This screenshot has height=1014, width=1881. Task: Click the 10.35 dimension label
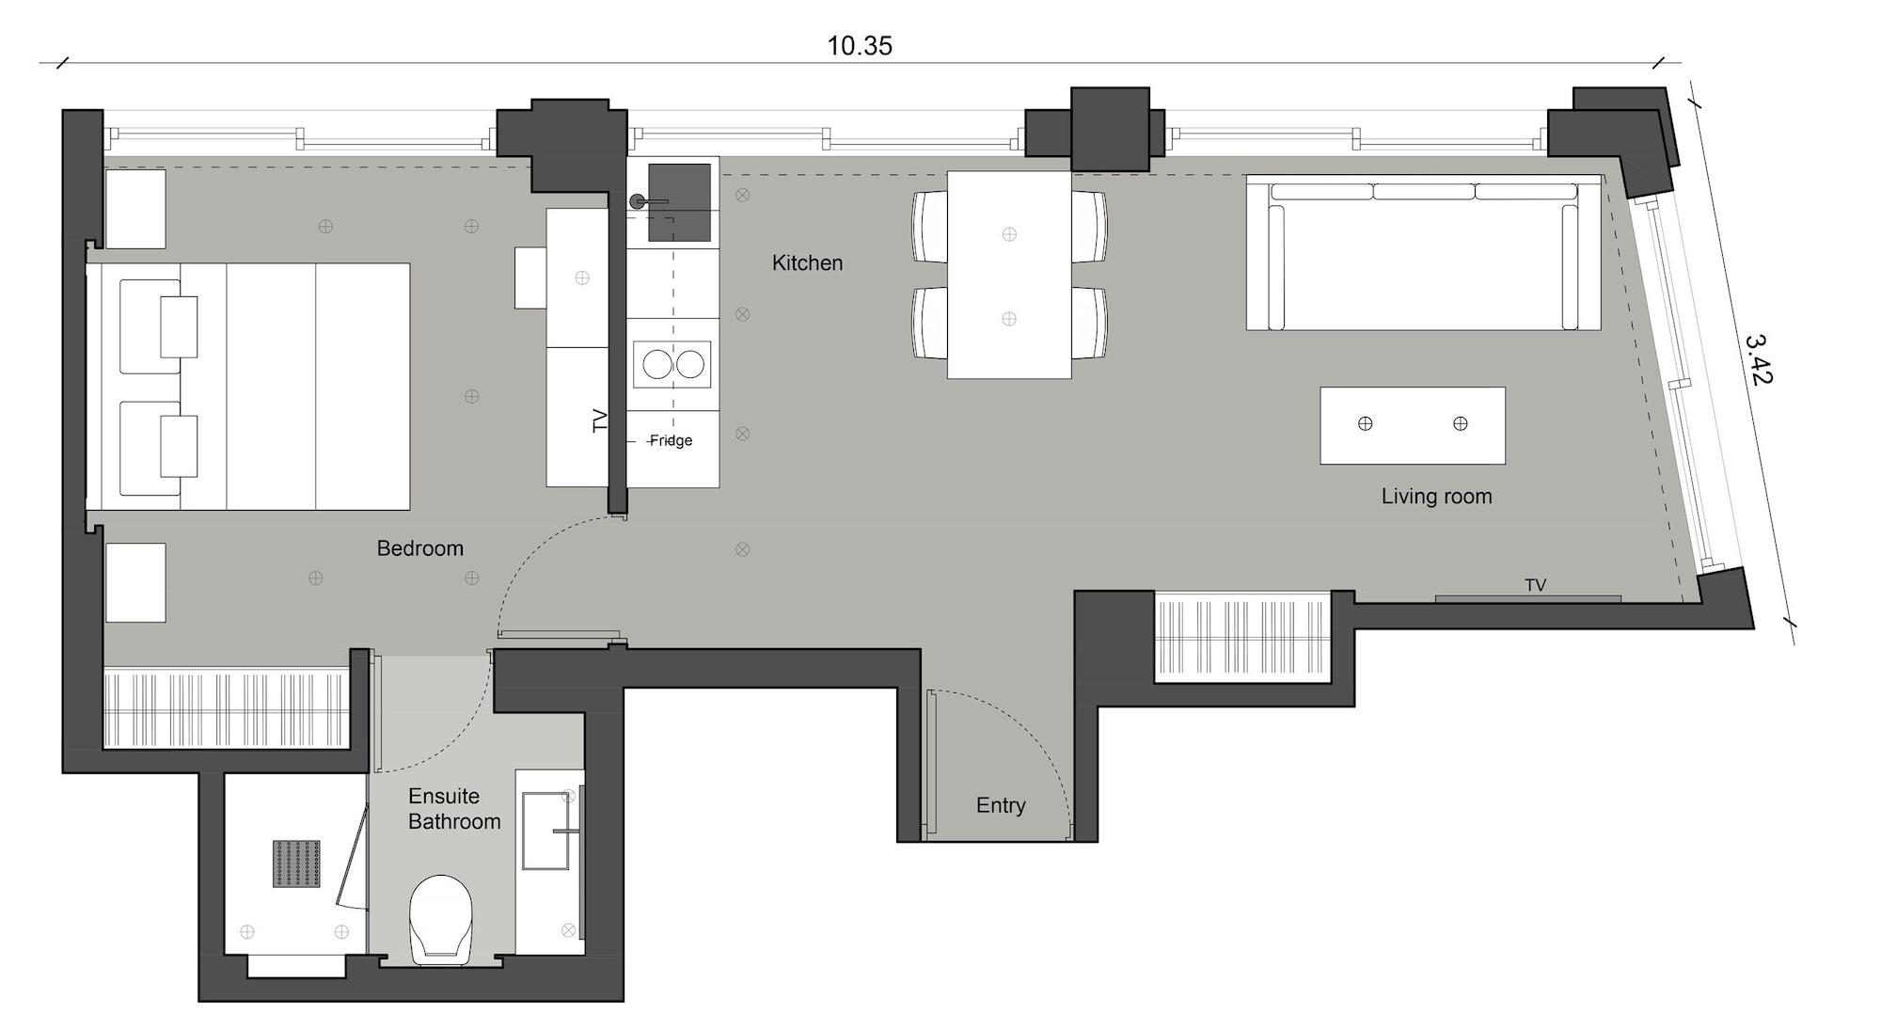coord(859,45)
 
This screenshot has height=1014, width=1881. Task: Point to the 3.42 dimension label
coord(1758,359)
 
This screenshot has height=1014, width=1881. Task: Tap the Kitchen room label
coord(807,263)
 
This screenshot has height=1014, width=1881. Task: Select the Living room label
coord(1436,497)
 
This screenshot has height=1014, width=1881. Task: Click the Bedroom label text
coord(419,548)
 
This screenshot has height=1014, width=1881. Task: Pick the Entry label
coord(1000,805)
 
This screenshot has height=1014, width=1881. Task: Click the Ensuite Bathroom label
coord(453,809)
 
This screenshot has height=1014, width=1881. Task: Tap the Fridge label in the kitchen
coord(671,440)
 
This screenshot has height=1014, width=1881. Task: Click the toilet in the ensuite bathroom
coord(440,918)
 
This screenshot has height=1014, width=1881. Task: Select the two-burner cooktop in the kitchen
coord(672,364)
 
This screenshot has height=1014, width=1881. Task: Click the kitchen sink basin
coord(679,201)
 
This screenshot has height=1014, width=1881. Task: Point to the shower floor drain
coord(296,863)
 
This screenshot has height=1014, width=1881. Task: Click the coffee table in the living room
coord(1412,425)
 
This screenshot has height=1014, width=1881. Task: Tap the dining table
coord(1008,275)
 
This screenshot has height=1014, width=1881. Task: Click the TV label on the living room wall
coord(1535,585)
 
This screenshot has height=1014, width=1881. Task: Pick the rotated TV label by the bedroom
coord(600,420)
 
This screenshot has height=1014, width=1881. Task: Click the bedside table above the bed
coord(135,209)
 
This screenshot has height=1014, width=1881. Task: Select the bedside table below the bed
coord(135,582)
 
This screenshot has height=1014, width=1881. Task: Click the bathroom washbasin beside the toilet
coord(546,831)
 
